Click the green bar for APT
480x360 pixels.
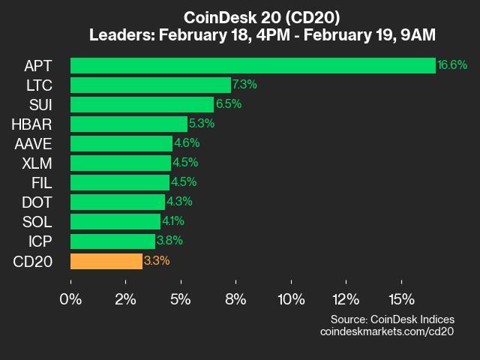pyautogui.click(x=253, y=65)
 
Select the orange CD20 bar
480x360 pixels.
pyautogui.click(x=106, y=261)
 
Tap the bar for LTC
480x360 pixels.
pyautogui.click(x=151, y=85)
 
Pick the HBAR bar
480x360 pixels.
pyautogui.click(x=129, y=124)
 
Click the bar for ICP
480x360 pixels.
pyautogui.click(x=112, y=241)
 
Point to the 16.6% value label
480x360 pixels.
pyautogui.click(x=452, y=65)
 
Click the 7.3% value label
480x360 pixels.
pyautogui.click(x=245, y=85)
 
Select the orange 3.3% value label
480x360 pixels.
pyautogui.click(x=157, y=261)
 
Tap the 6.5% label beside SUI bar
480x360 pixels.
pyautogui.click(x=229, y=104)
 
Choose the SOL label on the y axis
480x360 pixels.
pyautogui.click(x=37, y=221)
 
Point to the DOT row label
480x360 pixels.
pyautogui.click(x=37, y=202)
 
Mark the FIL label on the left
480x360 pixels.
pyautogui.click(x=40, y=182)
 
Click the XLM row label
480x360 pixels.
pyautogui.click(x=37, y=163)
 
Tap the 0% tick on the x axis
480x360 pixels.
pyautogui.click(x=71, y=299)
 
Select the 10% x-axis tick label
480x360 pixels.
pyautogui.click(x=291, y=299)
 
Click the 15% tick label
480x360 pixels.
pyautogui.click(x=401, y=299)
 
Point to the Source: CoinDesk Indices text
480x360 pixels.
pyautogui.click(x=391, y=319)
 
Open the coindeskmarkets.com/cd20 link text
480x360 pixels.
pyautogui.click(x=387, y=331)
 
